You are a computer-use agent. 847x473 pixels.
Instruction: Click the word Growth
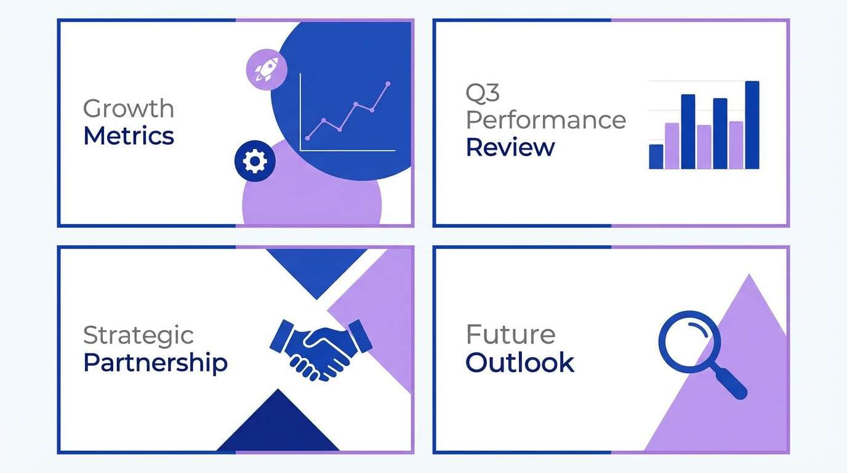[x=129, y=109]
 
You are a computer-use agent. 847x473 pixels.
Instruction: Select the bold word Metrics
[x=129, y=136]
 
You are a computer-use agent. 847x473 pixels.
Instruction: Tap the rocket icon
[x=266, y=67]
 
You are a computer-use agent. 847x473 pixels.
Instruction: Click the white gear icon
[x=255, y=161]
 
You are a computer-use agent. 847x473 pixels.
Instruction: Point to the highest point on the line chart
[x=388, y=83]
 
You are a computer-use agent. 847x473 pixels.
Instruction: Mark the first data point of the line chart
[x=307, y=138]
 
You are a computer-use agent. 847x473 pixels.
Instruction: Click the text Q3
[x=483, y=93]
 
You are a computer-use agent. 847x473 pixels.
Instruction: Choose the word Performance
[x=546, y=120]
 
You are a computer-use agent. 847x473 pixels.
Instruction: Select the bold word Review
[x=510, y=148]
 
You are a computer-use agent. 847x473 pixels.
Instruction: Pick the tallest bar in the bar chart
[x=752, y=124]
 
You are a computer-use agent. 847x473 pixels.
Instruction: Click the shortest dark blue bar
[x=656, y=156]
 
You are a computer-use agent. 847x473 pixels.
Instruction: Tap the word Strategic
[x=138, y=336]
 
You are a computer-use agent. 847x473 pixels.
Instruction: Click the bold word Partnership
[x=155, y=363]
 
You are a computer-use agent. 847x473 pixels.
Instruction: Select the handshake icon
[x=321, y=347]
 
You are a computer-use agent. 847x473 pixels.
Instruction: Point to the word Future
[x=510, y=335]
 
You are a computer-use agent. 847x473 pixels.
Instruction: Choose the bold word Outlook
[x=520, y=363]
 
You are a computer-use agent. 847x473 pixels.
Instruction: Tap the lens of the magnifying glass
[x=689, y=341]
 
